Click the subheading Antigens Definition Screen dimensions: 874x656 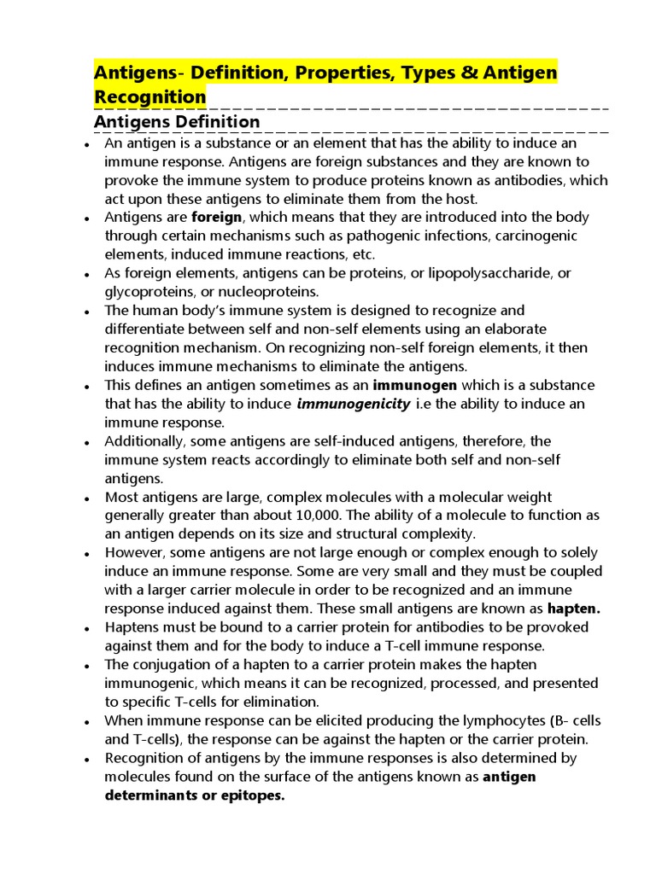tap(177, 122)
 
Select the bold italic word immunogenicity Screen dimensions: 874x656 tap(353, 404)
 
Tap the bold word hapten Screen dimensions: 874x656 tap(574, 609)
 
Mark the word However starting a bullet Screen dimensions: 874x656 tap(132, 553)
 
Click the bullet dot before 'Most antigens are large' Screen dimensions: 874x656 tap(87, 498)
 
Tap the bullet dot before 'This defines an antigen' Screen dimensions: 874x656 tap(87, 387)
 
